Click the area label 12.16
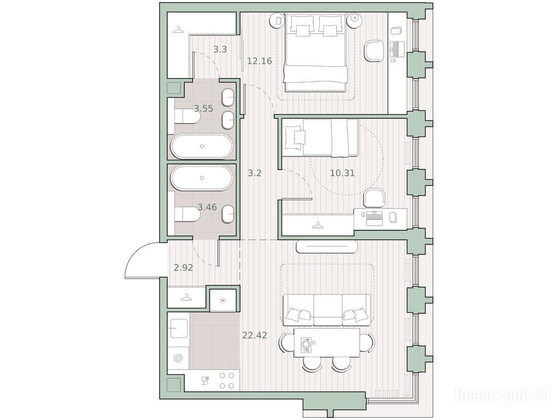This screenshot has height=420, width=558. (260, 61)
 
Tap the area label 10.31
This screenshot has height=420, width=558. (342, 173)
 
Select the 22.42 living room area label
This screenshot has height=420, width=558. (255, 335)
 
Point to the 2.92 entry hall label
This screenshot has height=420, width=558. (183, 267)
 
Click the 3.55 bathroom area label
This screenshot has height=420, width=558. (203, 109)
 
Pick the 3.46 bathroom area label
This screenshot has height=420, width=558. (207, 207)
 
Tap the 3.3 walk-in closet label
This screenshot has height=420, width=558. (220, 50)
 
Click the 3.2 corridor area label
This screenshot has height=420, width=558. (255, 173)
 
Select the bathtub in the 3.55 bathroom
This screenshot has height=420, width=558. (202, 146)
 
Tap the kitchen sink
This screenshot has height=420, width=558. (179, 328)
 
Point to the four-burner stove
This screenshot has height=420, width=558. (227, 381)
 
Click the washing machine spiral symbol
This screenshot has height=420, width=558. (179, 358)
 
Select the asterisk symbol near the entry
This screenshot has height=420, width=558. (223, 301)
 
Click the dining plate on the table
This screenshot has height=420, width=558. (306, 345)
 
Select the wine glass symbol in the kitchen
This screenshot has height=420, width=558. (204, 381)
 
